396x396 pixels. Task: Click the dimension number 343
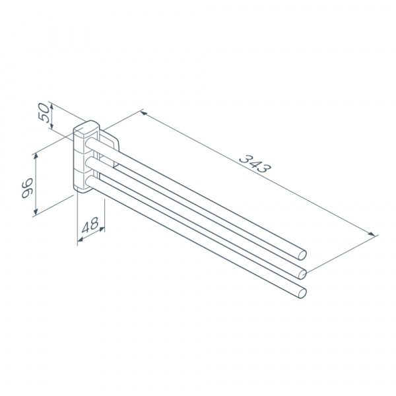[x=255, y=164]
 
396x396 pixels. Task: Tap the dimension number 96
[x=27, y=188]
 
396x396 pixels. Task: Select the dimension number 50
[x=44, y=113]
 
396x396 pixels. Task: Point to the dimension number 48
[x=90, y=225]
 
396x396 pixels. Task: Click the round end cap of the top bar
[x=302, y=255]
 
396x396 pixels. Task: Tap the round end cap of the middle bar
[x=302, y=274]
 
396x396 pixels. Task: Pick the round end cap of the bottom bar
[x=302, y=294]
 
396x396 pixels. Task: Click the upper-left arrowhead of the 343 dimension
[x=144, y=114]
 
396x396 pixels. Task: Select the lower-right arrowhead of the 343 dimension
[x=372, y=234]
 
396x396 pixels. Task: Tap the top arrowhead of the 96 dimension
[x=36, y=156]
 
